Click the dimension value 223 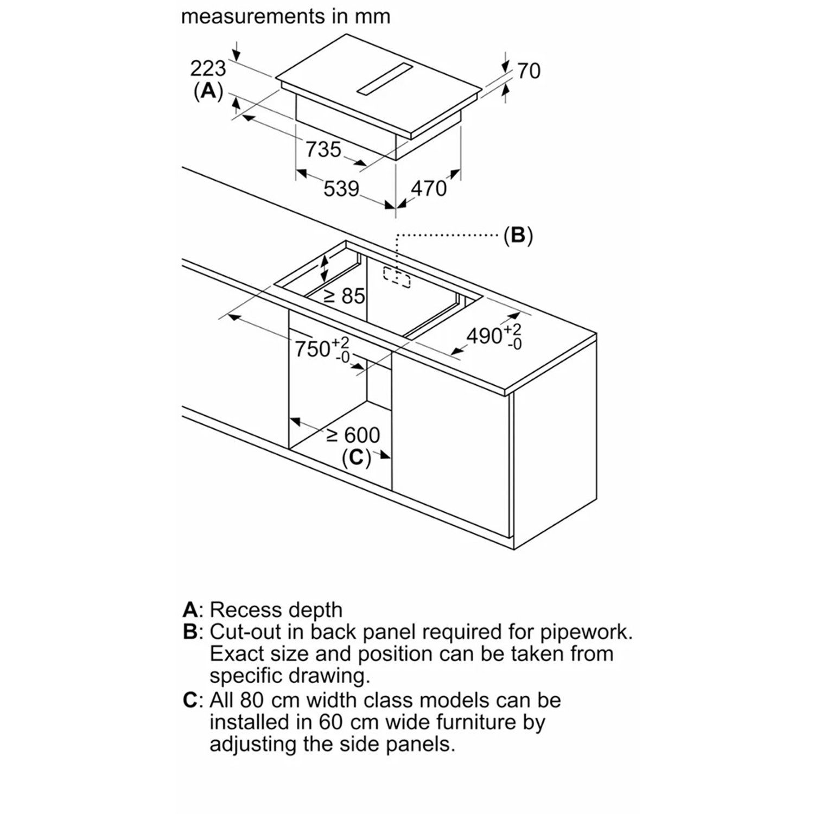(x=208, y=69)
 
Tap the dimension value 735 (x=323, y=149)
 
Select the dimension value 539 (x=341, y=189)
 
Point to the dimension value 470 (x=429, y=188)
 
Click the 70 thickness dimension (x=529, y=71)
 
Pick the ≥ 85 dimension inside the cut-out (x=345, y=296)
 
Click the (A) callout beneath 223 (x=208, y=92)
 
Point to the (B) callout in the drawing (x=518, y=236)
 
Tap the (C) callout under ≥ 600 (x=356, y=457)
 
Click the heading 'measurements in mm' (x=285, y=16)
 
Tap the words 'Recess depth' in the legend (x=276, y=610)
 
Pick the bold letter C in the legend (x=190, y=700)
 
